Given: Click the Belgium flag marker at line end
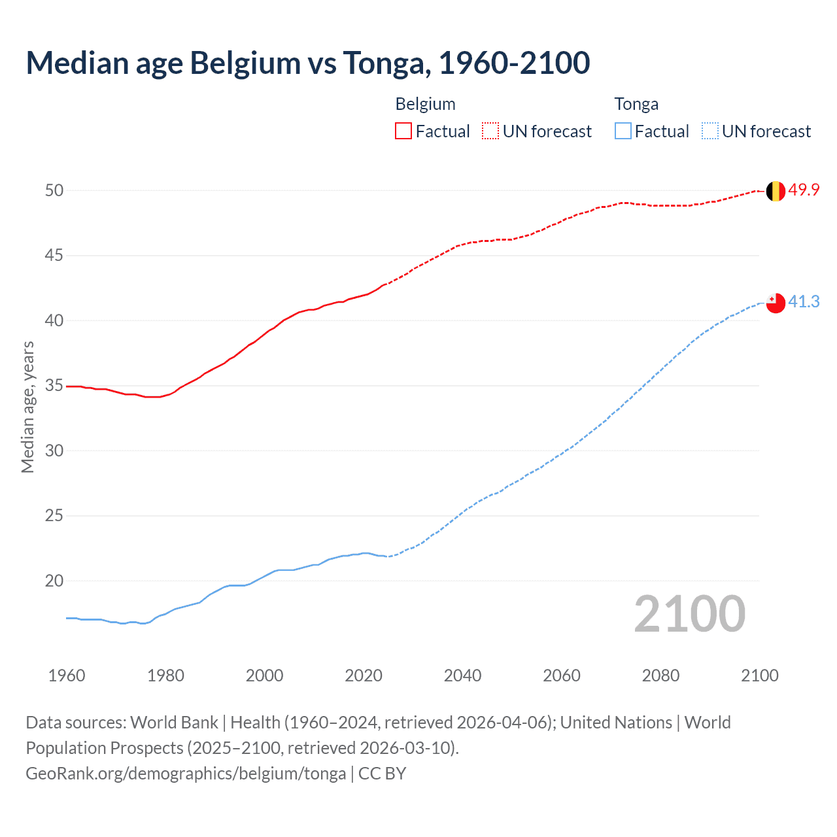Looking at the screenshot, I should [775, 191].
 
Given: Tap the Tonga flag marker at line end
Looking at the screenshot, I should [775, 303].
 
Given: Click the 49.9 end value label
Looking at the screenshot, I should [804, 190].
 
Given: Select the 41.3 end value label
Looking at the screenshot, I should [804, 301].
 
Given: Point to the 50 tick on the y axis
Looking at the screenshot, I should [54, 190].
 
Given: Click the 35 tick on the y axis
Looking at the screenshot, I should [54, 386].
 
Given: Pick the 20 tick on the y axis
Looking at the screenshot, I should [54, 581].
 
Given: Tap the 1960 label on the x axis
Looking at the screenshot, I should [67, 675].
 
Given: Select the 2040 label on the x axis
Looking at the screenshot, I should [462, 675].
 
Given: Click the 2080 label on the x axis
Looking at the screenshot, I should [660, 675].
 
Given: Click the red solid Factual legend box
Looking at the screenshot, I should [403, 131].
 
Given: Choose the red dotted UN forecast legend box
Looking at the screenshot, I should [490, 131].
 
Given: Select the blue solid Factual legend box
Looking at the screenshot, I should [623, 131].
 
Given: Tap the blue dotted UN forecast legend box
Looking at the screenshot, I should [709, 131].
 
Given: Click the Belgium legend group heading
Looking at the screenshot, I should [425, 104].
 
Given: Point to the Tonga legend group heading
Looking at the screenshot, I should [636, 104].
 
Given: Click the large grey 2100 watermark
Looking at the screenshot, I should [689, 613].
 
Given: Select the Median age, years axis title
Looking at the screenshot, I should [27, 407].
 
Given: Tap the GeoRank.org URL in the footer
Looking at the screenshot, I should [186, 774].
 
